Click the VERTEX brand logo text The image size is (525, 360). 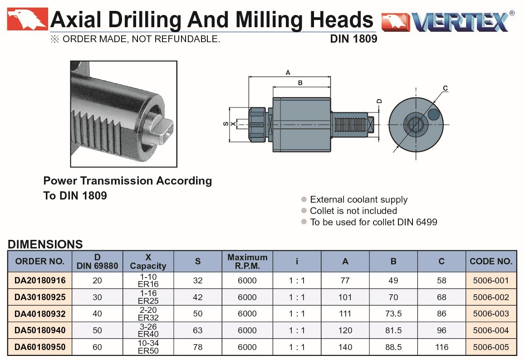pyautogui.click(x=461, y=22)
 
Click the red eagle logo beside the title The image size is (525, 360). pyautogui.click(x=28, y=19)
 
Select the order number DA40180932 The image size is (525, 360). pyautogui.click(x=40, y=314)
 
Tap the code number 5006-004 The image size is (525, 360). pyautogui.click(x=491, y=330)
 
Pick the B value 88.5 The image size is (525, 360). pyautogui.click(x=393, y=347)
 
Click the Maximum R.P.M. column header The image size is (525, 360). pyautogui.click(x=247, y=261)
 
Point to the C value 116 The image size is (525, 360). pyautogui.click(x=442, y=347)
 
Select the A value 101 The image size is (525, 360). pyautogui.click(x=345, y=297)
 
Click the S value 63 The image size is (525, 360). pyautogui.click(x=197, y=330)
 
